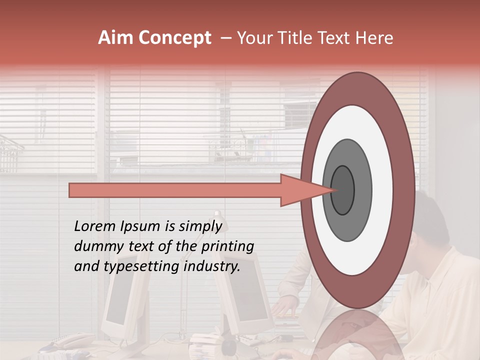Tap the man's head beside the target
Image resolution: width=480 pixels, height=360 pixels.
click(x=430, y=225)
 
